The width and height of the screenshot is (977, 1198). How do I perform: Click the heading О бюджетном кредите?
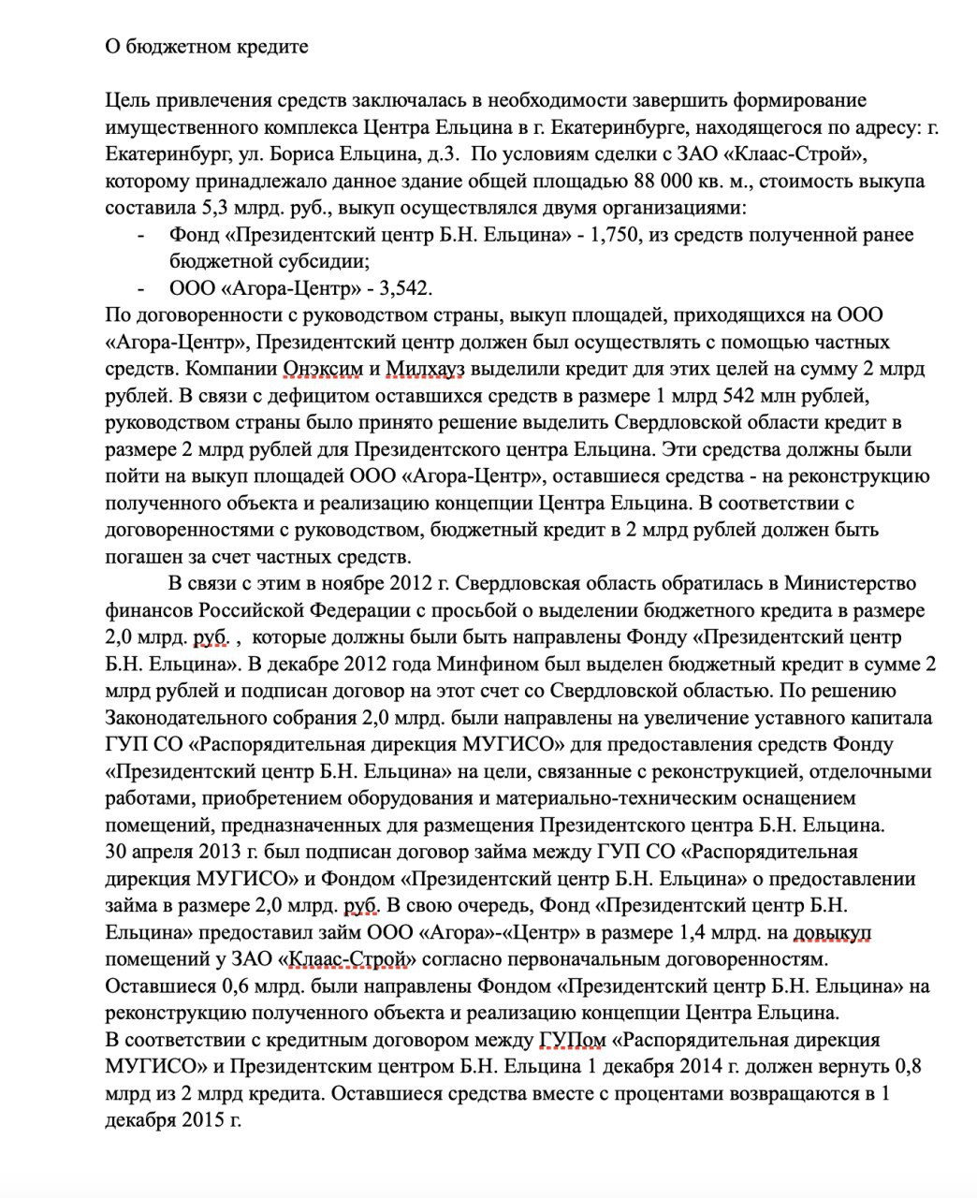coord(206,46)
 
